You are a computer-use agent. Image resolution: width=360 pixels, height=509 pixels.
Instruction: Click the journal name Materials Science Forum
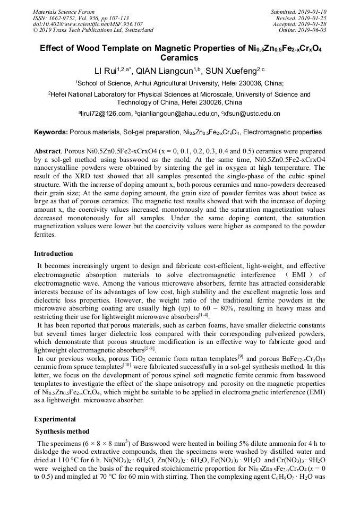(64, 12)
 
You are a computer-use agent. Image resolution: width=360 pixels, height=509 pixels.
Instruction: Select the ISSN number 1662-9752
(57, 18)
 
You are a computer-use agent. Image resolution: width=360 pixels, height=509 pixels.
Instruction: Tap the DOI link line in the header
(87, 24)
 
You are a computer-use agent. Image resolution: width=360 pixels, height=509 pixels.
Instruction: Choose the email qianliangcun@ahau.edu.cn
(178, 114)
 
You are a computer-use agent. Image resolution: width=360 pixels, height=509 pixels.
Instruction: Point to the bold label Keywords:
(50, 131)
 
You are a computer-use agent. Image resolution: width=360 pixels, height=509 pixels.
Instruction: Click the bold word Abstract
(47, 151)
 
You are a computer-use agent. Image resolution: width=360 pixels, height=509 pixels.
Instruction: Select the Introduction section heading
(53, 254)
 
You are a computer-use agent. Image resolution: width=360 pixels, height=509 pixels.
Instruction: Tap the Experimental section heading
(55, 419)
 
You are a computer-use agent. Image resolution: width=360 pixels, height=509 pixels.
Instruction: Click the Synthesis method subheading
(63, 431)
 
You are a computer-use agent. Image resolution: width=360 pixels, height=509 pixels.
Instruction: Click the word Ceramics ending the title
(179, 57)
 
